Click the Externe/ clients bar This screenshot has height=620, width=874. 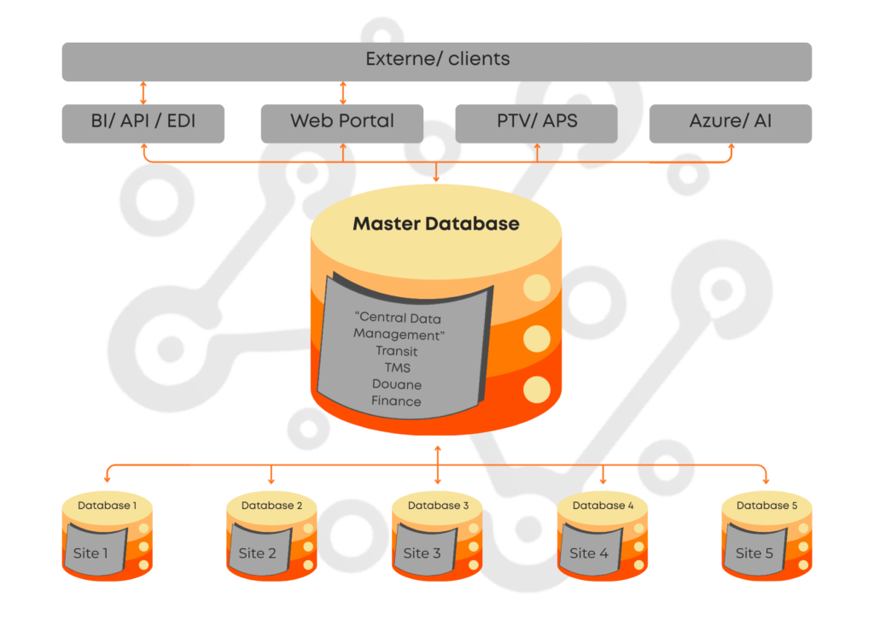437,61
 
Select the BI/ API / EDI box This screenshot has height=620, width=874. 143,122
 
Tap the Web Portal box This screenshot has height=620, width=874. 342,122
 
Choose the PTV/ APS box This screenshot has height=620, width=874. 536,122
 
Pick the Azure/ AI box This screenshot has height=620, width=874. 730,122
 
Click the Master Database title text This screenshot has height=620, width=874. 436,225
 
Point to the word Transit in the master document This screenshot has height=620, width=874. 396,351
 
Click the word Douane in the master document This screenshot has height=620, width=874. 396,384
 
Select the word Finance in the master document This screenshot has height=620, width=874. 396,401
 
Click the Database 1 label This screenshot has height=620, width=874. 107,506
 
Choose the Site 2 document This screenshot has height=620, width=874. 257,552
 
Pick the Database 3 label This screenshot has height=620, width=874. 438,506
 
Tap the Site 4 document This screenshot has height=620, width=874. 589,552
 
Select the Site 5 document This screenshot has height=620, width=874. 754,552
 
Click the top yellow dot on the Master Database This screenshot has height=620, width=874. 537,289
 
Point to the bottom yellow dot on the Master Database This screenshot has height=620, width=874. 537,390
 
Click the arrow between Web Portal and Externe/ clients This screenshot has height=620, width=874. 343,93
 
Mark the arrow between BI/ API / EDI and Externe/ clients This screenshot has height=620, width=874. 143,93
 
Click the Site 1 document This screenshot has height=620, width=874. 91,552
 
